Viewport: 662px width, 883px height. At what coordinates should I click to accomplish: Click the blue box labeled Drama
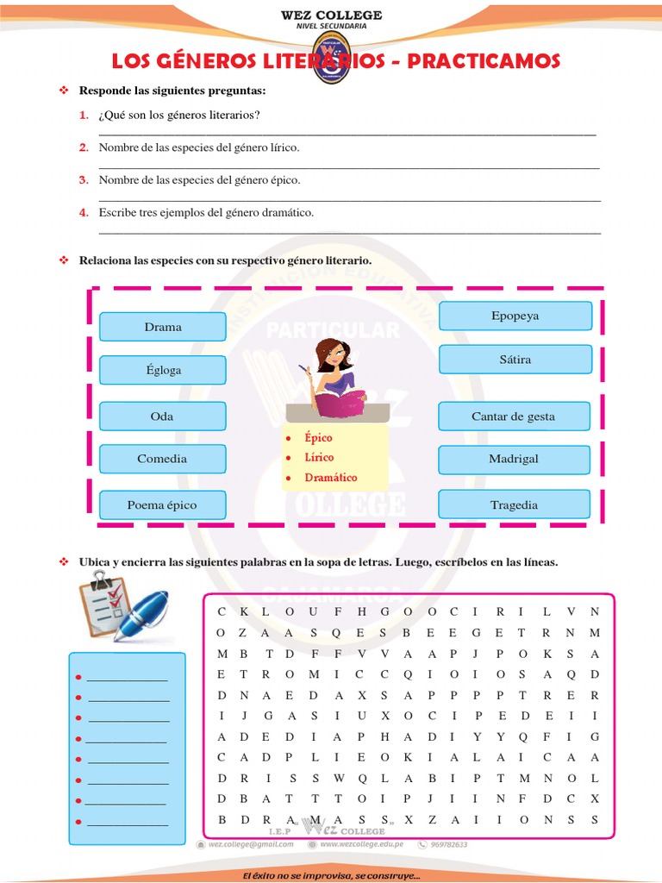[163, 327]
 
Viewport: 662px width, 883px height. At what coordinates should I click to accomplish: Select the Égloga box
[163, 370]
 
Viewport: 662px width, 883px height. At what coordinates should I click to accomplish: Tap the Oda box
[162, 416]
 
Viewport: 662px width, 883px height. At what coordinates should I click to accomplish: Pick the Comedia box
[162, 459]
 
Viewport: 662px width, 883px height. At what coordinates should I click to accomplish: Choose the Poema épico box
[162, 504]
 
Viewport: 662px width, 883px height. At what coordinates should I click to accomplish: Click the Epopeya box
[515, 316]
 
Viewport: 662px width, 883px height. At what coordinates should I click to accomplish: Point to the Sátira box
[515, 359]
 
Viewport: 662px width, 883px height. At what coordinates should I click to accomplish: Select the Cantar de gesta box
[514, 416]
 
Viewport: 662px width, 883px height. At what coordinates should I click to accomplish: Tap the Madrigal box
[514, 459]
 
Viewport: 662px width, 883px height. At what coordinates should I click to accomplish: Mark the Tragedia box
[514, 504]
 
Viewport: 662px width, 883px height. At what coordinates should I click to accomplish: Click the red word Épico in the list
[318, 438]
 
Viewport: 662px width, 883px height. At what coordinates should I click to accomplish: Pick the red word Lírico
[319, 457]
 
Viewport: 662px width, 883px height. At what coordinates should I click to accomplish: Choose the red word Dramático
[330, 477]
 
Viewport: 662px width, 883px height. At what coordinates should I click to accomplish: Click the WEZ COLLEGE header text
[331, 16]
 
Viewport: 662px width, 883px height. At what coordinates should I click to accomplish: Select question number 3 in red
[84, 179]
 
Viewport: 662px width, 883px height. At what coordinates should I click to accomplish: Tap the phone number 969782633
[448, 844]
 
